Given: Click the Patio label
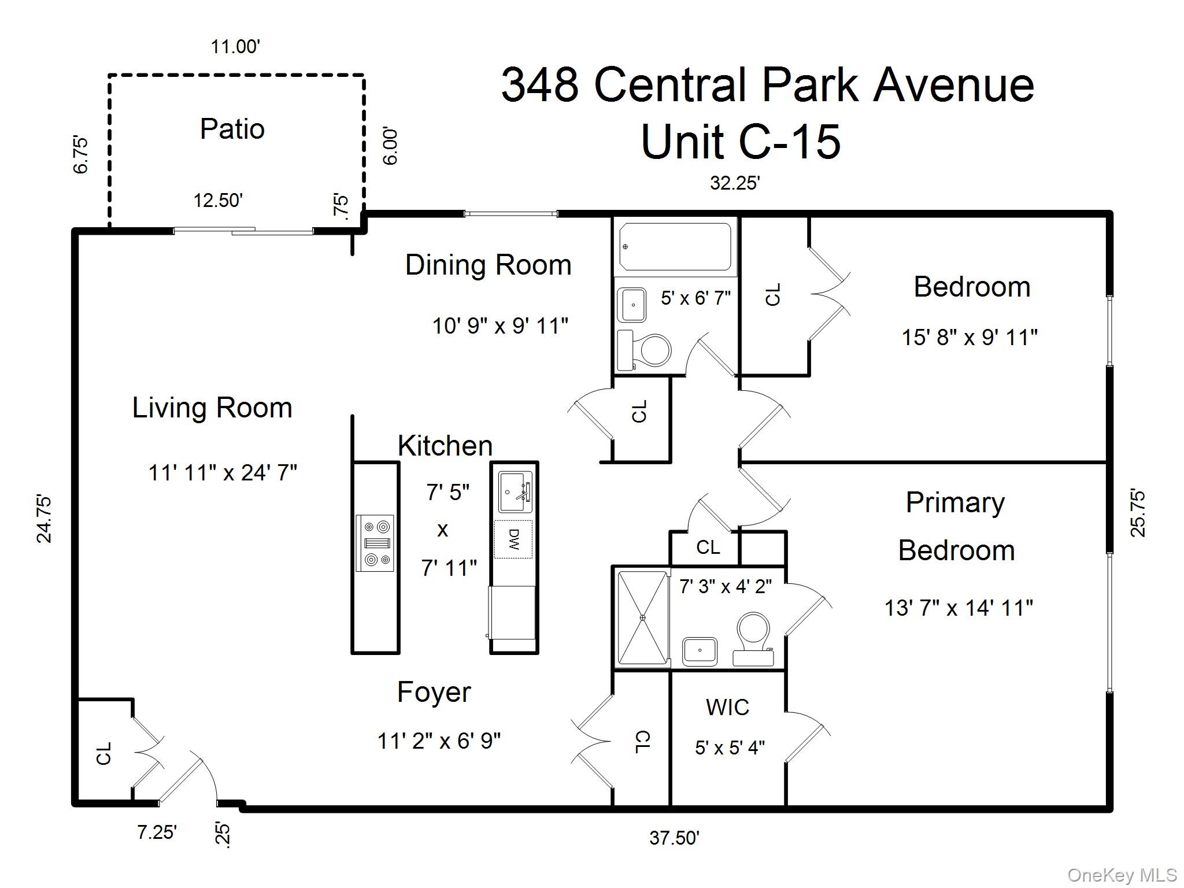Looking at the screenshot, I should pos(232,129).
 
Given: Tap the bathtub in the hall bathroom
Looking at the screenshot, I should pos(675,247).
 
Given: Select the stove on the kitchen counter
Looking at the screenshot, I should pos(375,543).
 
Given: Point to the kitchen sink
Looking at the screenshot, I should pos(515,493).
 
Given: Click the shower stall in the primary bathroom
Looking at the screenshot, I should pos(642,618).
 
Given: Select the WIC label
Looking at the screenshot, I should pos(727,708).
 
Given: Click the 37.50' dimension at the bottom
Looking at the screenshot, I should pos(674,838).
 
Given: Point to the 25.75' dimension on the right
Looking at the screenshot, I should pos(1137,513).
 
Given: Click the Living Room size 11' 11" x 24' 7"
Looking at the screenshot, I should pos(223,473).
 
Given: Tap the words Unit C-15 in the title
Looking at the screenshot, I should pos(741,142).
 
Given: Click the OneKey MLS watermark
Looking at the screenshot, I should pos(1122,875).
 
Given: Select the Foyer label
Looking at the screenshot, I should pos(434,693).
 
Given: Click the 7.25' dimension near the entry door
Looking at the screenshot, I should pos(157,832).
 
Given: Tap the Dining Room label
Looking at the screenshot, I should pos(488,265).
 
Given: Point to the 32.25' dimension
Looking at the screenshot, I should pos(734,183).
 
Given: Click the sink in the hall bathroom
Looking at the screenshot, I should pos(632,305).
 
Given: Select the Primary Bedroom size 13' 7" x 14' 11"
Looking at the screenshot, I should pos(959,608).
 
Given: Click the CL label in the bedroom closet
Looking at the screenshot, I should pos(773,294).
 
